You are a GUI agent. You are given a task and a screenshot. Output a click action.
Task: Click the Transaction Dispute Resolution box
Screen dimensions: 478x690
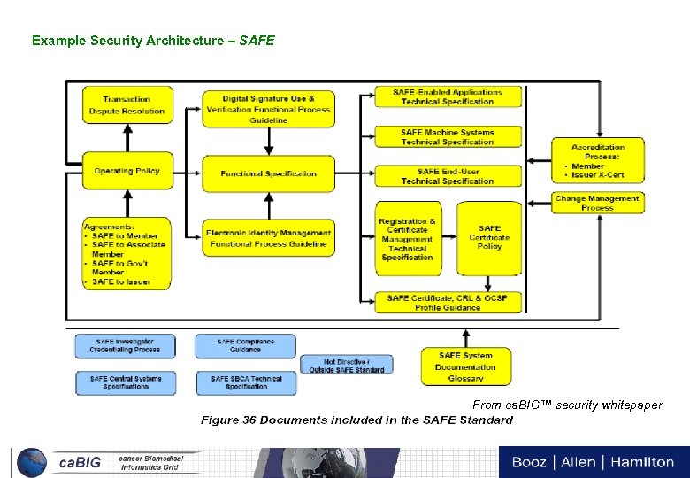click(x=126, y=105)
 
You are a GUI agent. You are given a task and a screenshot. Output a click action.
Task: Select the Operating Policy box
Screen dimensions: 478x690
click(x=126, y=171)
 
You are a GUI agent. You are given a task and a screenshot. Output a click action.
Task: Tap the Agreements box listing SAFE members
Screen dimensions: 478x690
click(x=126, y=253)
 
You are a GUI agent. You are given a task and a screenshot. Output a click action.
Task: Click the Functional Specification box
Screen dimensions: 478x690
click(x=268, y=173)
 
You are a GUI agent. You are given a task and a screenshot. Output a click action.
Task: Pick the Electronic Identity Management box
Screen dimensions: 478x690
click(x=268, y=238)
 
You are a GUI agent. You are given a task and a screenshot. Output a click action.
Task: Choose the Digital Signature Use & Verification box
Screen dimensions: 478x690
click(x=268, y=109)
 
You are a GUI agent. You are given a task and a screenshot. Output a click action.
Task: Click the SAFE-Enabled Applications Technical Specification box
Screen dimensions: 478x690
click(x=448, y=96)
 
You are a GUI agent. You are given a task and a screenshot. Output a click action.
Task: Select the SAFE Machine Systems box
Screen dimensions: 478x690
click(x=448, y=136)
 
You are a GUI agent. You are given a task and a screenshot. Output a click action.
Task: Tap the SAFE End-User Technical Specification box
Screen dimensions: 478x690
click(x=448, y=176)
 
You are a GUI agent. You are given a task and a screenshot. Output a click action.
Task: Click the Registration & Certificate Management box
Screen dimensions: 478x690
click(x=407, y=239)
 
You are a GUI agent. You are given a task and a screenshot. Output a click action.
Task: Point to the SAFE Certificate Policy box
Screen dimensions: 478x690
click(x=489, y=238)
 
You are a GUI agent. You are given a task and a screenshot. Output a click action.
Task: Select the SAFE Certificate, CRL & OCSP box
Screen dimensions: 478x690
click(x=448, y=302)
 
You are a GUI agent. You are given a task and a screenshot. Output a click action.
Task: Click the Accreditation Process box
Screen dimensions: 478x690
click(x=597, y=160)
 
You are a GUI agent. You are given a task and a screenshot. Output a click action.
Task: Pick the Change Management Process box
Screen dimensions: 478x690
click(x=597, y=203)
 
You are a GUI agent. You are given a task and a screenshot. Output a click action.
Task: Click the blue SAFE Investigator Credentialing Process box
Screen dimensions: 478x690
click(x=125, y=345)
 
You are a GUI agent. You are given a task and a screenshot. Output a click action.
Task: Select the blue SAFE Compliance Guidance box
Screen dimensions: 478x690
click(x=246, y=345)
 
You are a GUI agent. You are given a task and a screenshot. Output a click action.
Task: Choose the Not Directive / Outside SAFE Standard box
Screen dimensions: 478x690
click(x=346, y=365)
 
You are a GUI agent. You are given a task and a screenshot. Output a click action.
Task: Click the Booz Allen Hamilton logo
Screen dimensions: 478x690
click(x=593, y=462)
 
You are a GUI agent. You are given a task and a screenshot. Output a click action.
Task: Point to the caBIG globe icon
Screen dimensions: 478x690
click(x=32, y=462)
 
